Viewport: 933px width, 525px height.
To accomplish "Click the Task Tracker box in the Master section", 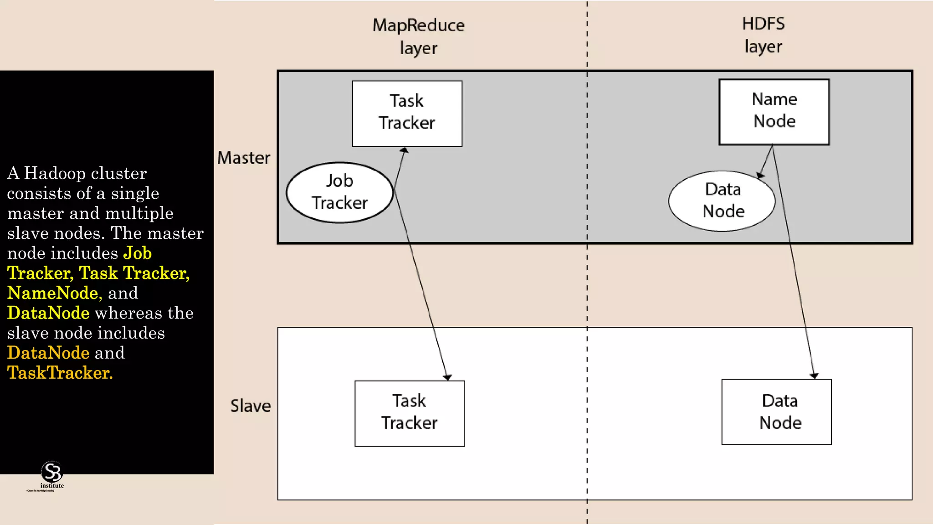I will pyautogui.click(x=407, y=113).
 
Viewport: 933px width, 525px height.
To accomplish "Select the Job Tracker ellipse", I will pyautogui.click(x=339, y=192).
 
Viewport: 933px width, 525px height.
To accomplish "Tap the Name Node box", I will pyautogui.click(x=774, y=112).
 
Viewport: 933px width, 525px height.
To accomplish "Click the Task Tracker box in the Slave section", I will pyautogui.click(x=410, y=413).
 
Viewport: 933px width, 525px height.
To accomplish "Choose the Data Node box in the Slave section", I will pyautogui.click(x=776, y=412).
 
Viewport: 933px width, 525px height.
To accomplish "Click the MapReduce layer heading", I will pyautogui.click(x=418, y=36).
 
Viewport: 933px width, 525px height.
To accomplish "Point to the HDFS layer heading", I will pyautogui.click(x=763, y=35).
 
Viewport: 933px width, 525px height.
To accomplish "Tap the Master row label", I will pyautogui.click(x=243, y=158).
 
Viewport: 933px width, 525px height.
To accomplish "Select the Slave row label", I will pyautogui.click(x=250, y=406).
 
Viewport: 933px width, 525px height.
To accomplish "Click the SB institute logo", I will pyautogui.click(x=51, y=474).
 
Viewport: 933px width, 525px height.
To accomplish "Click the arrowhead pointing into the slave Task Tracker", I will pyautogui.click(x=447, y=377).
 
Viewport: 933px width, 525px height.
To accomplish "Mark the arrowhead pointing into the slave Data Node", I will pyautogui.click(x=814, y=376).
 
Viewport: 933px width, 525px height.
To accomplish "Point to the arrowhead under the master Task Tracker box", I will pyautogui.click(x=404, y=150).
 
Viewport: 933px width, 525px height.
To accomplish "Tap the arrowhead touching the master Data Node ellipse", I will pyautogui.click(x=760, y=175).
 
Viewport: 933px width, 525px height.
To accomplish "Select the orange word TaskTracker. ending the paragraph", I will pyautogui.click(x=60, y=373).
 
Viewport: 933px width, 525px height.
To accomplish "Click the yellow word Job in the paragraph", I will pyautogui.click(x=138, y=253).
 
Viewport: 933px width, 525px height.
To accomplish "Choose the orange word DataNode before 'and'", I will pyautogui.click(x=48, y=353).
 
